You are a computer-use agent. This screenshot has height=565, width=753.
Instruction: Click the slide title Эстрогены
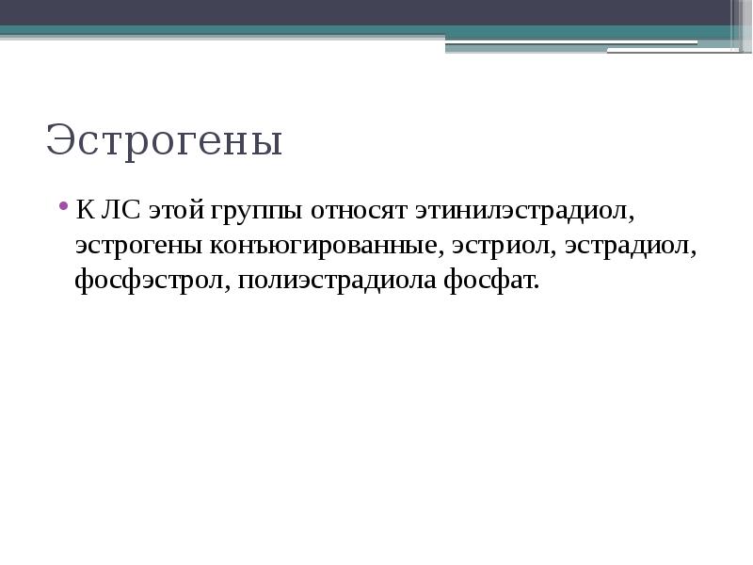[164, 141]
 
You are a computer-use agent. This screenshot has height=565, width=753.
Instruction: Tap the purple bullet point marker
[63, 207]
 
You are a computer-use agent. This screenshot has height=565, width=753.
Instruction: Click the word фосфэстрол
[149, 281]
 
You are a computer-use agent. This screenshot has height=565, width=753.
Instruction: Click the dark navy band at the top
[376, 12]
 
